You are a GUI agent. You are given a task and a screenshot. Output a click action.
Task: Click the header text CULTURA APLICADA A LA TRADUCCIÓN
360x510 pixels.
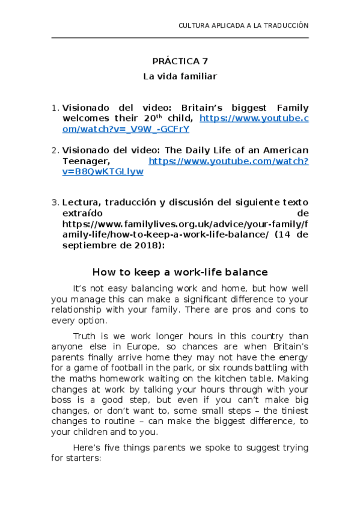tap(243, 26)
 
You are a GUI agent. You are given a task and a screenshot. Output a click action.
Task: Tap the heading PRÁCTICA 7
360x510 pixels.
tap(180, 61)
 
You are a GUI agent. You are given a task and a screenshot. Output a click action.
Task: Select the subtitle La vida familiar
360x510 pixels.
tap(180, 76)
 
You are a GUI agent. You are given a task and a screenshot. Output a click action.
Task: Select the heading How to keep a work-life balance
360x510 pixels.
tap(180, 272)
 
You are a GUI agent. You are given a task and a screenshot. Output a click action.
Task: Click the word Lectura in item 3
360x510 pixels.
tap(81, 203)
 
